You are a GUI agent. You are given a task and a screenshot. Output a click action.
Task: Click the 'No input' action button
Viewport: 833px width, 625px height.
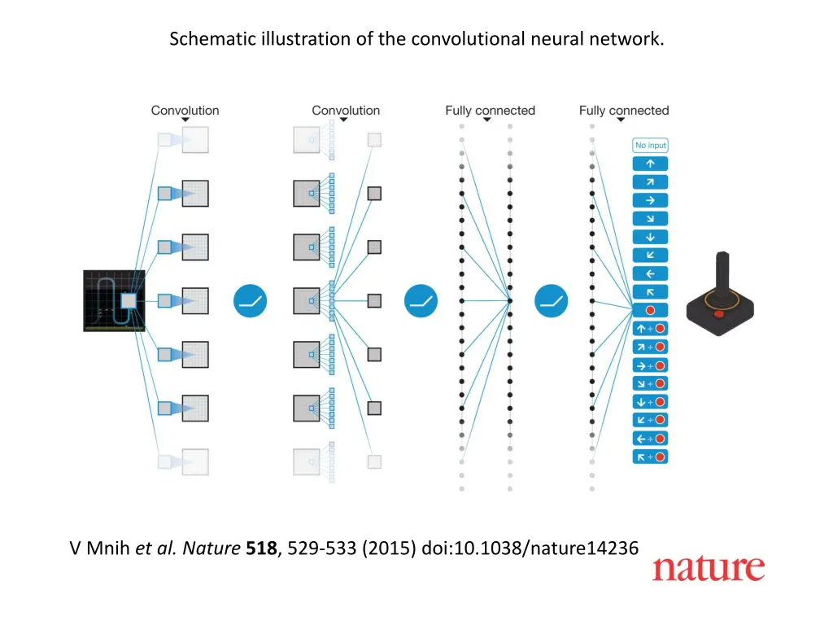(x=650, y=146)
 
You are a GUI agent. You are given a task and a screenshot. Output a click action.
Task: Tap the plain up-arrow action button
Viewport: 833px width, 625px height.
(x=650, y=164)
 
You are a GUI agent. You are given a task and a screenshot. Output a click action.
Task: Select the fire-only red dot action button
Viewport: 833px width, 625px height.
(x=650, y=310)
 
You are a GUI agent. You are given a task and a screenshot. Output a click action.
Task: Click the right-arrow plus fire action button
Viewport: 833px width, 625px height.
(x=650, y=365)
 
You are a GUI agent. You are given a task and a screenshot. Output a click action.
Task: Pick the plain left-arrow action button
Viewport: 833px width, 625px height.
(x=650, y=273)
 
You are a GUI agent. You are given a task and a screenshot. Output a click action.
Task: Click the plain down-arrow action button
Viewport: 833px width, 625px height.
(x=650, y=237)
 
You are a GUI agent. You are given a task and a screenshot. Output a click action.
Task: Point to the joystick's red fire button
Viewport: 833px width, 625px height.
(x=717, y=313)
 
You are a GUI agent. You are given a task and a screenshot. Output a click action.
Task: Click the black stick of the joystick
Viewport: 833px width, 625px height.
(x=720, y=277)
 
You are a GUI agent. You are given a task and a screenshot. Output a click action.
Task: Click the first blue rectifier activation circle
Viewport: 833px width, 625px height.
(x=251, y=301)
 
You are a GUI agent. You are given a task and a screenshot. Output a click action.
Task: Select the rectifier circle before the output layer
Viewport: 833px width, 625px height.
(x=551, y=301)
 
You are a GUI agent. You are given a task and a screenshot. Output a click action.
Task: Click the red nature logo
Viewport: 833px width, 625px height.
(x=708, y=568)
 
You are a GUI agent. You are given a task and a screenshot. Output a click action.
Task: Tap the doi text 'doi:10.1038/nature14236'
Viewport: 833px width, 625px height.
(x=530, y=549)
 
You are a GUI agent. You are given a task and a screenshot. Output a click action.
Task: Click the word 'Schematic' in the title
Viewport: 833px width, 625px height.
(x=203, y=38)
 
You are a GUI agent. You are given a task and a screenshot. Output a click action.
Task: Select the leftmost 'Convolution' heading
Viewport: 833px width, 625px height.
(x=185, y=110)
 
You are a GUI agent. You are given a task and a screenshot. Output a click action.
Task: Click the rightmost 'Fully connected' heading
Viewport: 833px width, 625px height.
(x=624, y=110)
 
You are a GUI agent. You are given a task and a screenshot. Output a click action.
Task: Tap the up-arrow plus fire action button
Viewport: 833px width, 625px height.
(x=650, y=329)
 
